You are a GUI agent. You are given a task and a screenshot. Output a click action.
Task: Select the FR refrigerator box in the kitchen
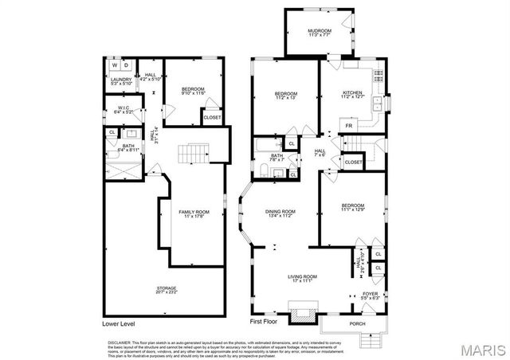click(348, 125)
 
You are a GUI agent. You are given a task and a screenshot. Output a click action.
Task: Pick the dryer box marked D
click(127, 65)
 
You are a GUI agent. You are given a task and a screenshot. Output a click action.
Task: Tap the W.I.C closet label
click(123, 109)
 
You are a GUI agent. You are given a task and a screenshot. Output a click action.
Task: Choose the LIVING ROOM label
click(302, 278)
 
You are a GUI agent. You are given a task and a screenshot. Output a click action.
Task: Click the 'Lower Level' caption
click(121, 324)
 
